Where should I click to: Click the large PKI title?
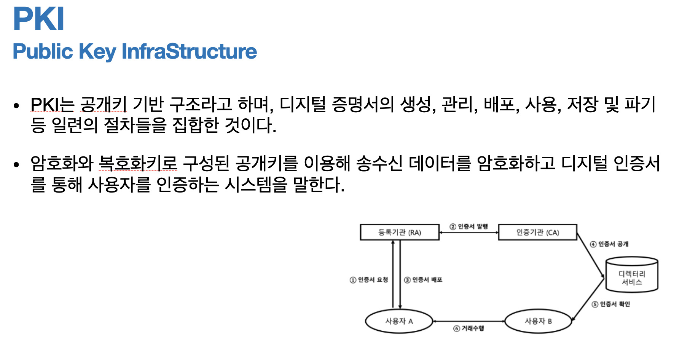(38, 19)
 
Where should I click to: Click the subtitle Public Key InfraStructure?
(135, 51)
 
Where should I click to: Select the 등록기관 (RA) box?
(400, 232)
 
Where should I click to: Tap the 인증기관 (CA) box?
(537, 232)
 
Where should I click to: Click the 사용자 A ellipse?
(399, 321)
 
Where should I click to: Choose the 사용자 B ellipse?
(538, 321)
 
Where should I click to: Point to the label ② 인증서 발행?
(468, 226)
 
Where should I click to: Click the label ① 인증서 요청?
(369, 280)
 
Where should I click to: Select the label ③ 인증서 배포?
(423, 280)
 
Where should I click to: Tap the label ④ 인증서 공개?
(609, 244)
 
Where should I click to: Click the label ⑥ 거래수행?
(468, 328)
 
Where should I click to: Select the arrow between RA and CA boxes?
(468, 232)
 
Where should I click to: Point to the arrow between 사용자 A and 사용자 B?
(468, 321)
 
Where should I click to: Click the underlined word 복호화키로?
(138, 163)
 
